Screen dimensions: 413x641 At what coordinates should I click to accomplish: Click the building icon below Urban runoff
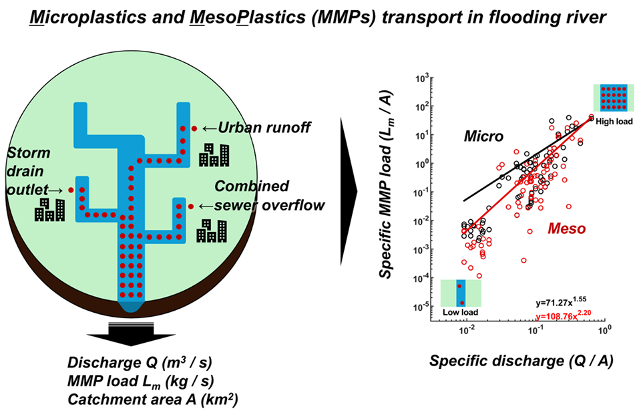pyautogui.click(x=214, y=154)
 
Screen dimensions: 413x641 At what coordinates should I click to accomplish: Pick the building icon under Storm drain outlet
pyautogui.click(x=50, y=209)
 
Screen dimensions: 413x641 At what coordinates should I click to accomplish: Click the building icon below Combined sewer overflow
pyautogui.click(x=210, y=231)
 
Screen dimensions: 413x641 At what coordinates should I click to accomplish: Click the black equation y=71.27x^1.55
pyautogui.click(x=560, y=301)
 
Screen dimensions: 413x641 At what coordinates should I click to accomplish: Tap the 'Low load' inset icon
pyautogui.click(x=460, y=298)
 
